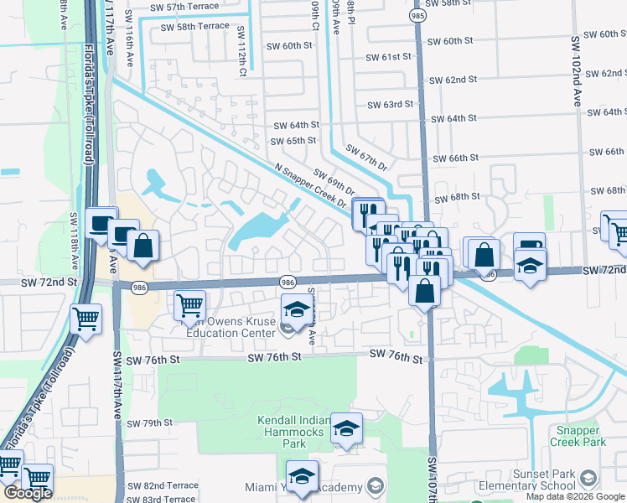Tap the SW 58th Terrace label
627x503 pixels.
point(194,27)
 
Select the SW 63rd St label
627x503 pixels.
point(391,105)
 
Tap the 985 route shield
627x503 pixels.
point(417,16)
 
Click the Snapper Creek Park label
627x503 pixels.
point(578,436)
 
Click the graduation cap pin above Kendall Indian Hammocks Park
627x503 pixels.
point(346,428)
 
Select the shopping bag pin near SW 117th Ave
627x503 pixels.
point(142,246)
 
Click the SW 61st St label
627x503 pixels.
point(389,57)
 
